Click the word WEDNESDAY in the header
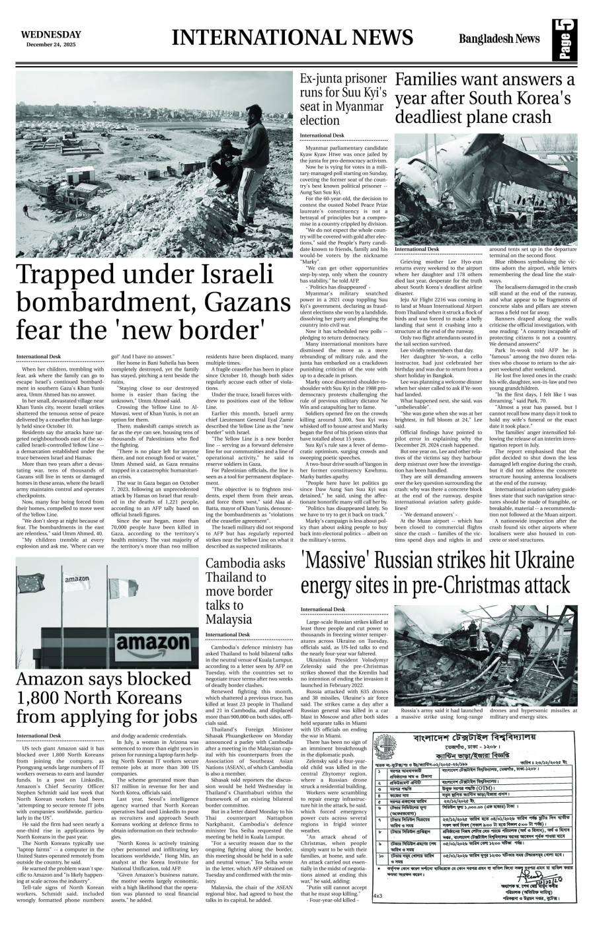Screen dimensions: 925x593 [x=51, y=34]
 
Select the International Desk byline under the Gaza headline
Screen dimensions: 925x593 [x=38, y=338]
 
